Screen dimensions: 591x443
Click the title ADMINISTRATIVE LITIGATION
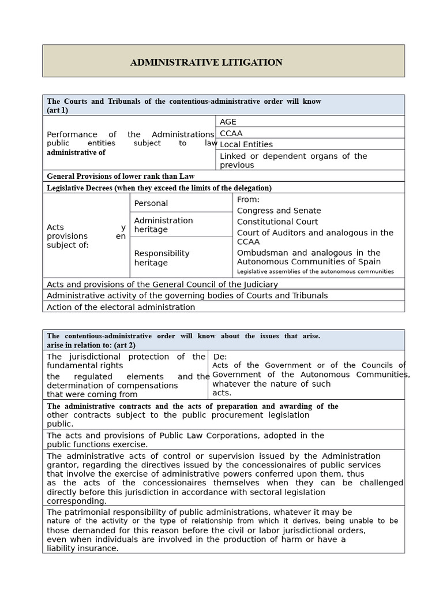point(206,62)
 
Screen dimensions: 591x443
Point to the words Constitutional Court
point(277,222)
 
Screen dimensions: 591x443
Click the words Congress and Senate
point(279,211)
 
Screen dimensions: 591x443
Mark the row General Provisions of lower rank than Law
point(121,176)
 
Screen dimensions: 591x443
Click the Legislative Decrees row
point(159,188)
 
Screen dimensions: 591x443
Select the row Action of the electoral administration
point(121,307)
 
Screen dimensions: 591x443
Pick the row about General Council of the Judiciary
point(162,284)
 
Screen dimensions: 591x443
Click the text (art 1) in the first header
point(58,110)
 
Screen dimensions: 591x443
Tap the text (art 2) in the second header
point(124,345)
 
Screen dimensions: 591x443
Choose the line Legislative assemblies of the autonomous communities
point(316,271)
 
